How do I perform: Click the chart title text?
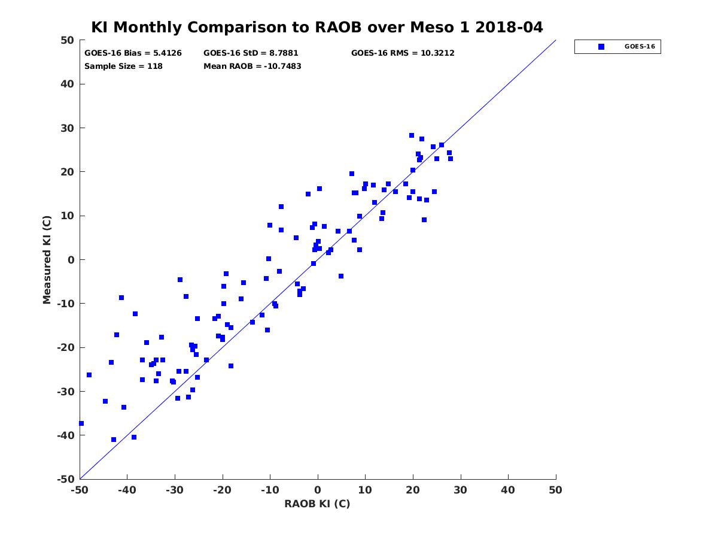317,28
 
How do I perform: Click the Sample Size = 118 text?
123,66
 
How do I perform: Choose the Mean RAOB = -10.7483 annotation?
252,66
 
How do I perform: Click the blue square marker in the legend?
601,47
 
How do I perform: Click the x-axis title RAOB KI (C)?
317,504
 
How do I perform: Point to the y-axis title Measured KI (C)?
47,259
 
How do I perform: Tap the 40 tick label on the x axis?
508,490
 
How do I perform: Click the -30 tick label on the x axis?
175,490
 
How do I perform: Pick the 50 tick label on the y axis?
67,41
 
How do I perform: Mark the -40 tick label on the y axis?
65,435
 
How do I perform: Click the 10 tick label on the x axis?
365,490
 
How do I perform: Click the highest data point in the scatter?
412,135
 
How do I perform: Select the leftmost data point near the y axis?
81,423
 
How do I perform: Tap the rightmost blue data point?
451,159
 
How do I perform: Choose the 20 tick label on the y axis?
67,172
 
